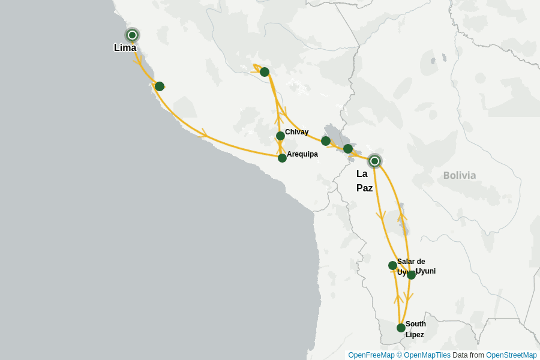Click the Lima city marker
coord(132,35)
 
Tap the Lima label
coord(125,48)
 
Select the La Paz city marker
coord(374,161)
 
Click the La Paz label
coord(364,181)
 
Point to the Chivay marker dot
coord(280,136)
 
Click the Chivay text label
coord(297,132)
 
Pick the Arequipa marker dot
coord(282,158)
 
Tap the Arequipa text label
coord(302,154)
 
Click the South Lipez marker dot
coord(401,328)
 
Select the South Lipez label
coord(415,329)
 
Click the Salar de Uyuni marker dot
coord(392,265)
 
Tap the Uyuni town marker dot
coord(411,275)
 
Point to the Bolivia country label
coord(460,175)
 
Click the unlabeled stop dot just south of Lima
coord(159,86)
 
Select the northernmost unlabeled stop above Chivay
coord(265,72)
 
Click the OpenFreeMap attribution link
coord(370,355)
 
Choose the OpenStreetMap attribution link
coord(511,355)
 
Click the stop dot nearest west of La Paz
coord(348,149)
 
